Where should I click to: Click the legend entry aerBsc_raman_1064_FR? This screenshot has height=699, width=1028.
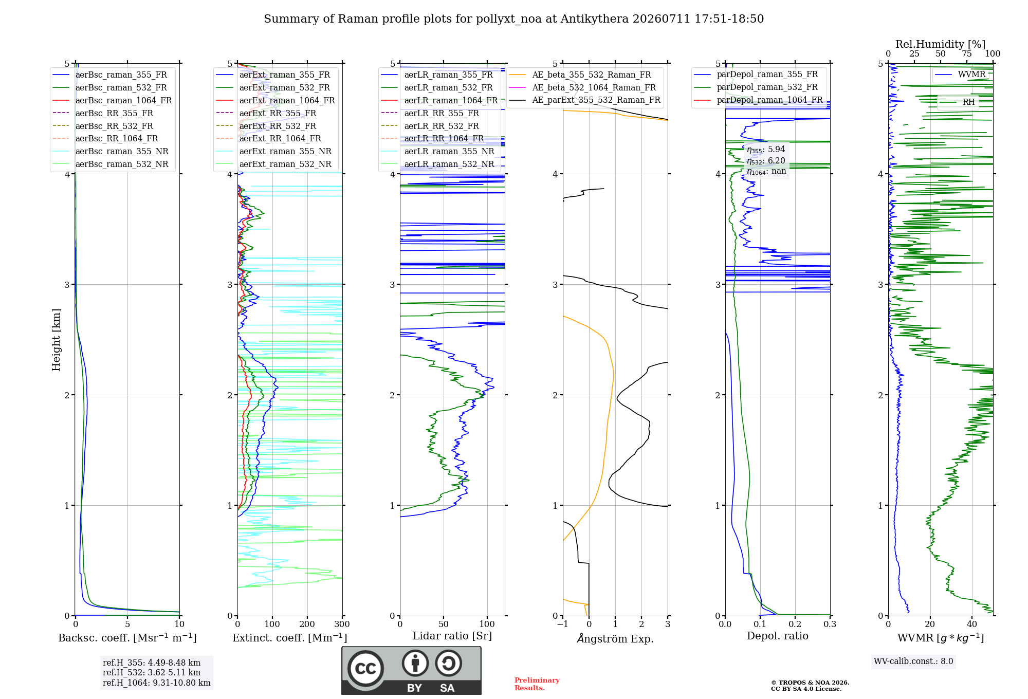click(x=112, y=100)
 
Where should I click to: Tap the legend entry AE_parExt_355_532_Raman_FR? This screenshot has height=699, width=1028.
click(x=584, y=100)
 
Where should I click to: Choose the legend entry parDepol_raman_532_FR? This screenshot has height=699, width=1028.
click(x=756, y=87)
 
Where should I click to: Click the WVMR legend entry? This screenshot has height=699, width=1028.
click(x=960, y=75)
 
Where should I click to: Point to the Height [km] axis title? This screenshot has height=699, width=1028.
click(x=56, y=340)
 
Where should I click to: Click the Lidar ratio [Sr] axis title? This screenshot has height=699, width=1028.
click(x=452, y=636)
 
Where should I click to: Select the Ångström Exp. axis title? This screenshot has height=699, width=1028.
click(x=615, y=638)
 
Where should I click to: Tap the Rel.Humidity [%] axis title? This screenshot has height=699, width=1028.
click(x=941, y=44)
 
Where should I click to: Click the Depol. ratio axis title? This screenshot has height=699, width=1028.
click(x=778, y=636)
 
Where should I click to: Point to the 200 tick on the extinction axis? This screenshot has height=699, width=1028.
click(x=307, y=624)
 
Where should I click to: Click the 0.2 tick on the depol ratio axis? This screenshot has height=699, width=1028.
click(x=795, y=624)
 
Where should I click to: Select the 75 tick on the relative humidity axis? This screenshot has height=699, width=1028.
click(x=967, y=53)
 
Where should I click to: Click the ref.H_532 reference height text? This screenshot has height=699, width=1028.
click(x=152, y=672)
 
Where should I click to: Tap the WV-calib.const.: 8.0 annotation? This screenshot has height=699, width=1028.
click(x=913, y=661)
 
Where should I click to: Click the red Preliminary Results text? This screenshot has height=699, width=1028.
click(x=537, y=684)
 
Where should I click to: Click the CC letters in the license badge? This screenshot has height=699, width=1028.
click(x=365, y=669)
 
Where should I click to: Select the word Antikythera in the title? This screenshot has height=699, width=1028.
click(x=595, y=19)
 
